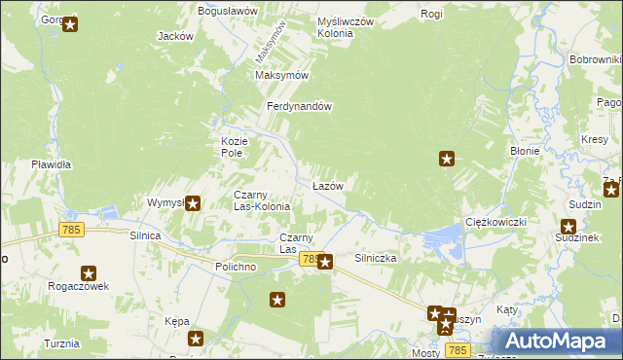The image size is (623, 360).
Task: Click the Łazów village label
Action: [326, 185]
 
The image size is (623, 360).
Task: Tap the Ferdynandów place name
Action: [301, 107]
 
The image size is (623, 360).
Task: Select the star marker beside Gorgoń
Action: [70, 24]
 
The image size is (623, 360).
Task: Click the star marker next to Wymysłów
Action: [193, 203]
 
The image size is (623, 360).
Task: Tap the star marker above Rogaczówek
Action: [89, 274]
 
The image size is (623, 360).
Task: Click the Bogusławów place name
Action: [227, 11]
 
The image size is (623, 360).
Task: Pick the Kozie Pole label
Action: [231, 147]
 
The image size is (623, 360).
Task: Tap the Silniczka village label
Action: [375, 259]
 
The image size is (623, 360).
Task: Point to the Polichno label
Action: [235, 267]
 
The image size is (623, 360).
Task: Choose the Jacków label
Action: [175, 36]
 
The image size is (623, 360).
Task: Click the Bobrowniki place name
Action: [595, 60]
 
